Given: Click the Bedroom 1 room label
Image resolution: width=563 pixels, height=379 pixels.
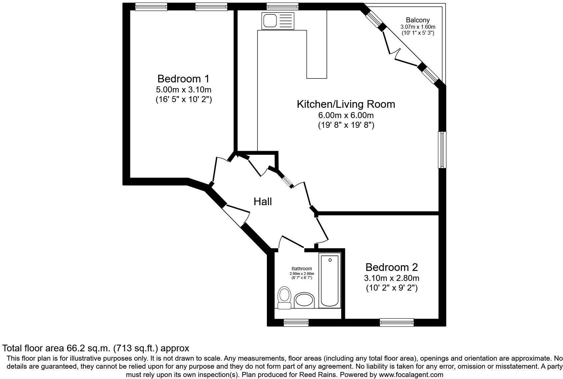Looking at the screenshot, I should (x=183, y=79).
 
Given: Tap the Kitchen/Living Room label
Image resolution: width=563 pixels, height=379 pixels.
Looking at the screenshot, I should (x=346, y=104).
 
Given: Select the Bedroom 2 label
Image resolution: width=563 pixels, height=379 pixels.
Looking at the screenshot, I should (x=392, y=267).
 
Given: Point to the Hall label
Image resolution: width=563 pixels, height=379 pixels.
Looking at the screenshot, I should (x=263, y=202).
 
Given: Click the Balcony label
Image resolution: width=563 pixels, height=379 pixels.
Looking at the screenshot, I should (x=418, y=20).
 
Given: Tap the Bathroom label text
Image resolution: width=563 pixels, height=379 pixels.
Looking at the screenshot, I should (x=302, y=269).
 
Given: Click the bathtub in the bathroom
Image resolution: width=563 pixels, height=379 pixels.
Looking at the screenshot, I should (x=330, y=280).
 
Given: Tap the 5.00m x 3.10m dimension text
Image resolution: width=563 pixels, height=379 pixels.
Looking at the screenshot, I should (x=183, y=90).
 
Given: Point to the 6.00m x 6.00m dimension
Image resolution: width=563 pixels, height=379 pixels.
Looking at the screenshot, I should (x=346, y=115).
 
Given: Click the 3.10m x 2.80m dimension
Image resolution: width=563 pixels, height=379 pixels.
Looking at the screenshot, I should (x=392, y=278).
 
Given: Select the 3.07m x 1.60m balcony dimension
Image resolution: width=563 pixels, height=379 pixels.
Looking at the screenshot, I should (x=418, y=27).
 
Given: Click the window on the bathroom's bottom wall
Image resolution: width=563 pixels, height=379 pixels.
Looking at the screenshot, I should (x=296, y=322).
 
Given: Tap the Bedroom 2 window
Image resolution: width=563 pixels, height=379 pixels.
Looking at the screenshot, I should (x=397, y=322).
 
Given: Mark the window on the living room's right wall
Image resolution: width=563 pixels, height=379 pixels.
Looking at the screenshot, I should (x=442, y=149).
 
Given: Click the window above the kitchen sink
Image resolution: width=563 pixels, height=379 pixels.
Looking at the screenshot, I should (x=283, y=6).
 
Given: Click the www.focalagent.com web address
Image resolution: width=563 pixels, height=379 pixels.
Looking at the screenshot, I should (x=411, y=375).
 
